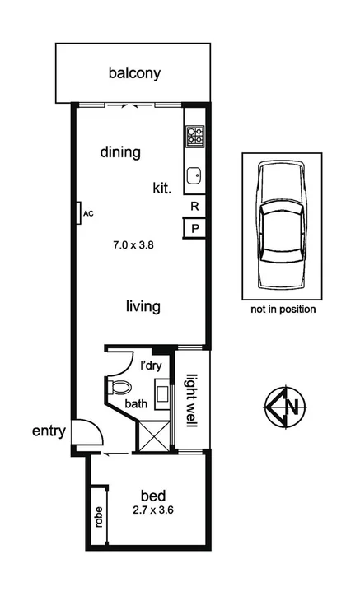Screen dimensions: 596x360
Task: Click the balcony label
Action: tap(134, 73)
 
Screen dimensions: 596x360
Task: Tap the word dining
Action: tap(121, 152)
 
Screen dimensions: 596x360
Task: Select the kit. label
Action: tap(161, 189)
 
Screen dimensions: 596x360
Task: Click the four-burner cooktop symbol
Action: tap(194, 136)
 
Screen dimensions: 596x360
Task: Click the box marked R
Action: tap(194, 207)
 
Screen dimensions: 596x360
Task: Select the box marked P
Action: tap(194, 229)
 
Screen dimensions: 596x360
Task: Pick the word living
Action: tap(143, 306)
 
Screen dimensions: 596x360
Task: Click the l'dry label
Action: tap(149, 366)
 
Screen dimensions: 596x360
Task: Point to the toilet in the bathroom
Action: tap(120, 386)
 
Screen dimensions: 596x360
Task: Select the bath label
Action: tap(137, 404)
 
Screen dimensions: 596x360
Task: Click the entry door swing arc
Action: tap(87, 431)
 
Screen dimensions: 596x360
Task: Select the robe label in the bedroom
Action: tap(98, 517)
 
